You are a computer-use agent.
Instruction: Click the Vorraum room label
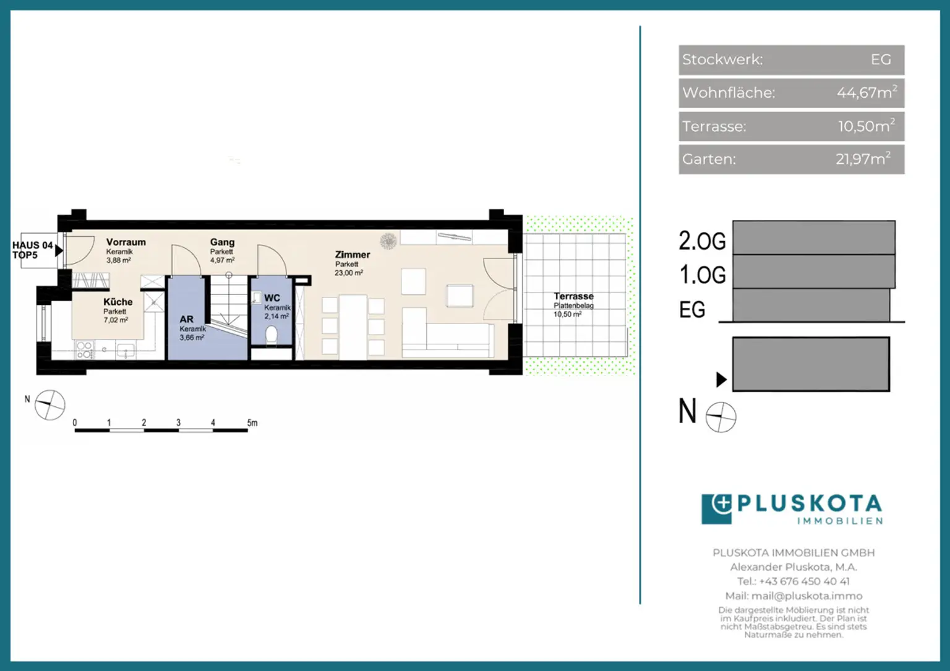tap(126, 242)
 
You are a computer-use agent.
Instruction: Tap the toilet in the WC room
tap(272, 335)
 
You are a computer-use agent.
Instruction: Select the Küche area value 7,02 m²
tap(116, 320)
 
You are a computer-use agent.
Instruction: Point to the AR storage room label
tap(187, 319)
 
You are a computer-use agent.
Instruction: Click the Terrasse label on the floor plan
tap(573, 296)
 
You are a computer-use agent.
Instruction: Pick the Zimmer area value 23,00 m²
tap(349, 273)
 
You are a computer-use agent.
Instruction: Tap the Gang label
tap(222, 242)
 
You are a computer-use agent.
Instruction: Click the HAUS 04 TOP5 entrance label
tap(32, 250)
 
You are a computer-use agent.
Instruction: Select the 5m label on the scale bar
tap(252, 422)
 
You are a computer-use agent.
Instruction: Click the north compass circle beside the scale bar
tap(50, 405)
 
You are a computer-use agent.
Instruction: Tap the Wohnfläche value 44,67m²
tap(867, 92)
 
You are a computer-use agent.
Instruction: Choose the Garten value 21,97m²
tap(863, 159)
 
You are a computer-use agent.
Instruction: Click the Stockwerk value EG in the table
tap(881, 59)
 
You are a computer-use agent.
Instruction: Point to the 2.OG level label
tap(703, 241)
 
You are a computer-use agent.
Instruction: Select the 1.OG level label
tap(703, 275)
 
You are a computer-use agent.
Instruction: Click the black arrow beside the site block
tap(721, 380)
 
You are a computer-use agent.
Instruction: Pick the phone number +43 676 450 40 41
tap(804, 581)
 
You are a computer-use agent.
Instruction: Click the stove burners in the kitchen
tap(84, 351)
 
